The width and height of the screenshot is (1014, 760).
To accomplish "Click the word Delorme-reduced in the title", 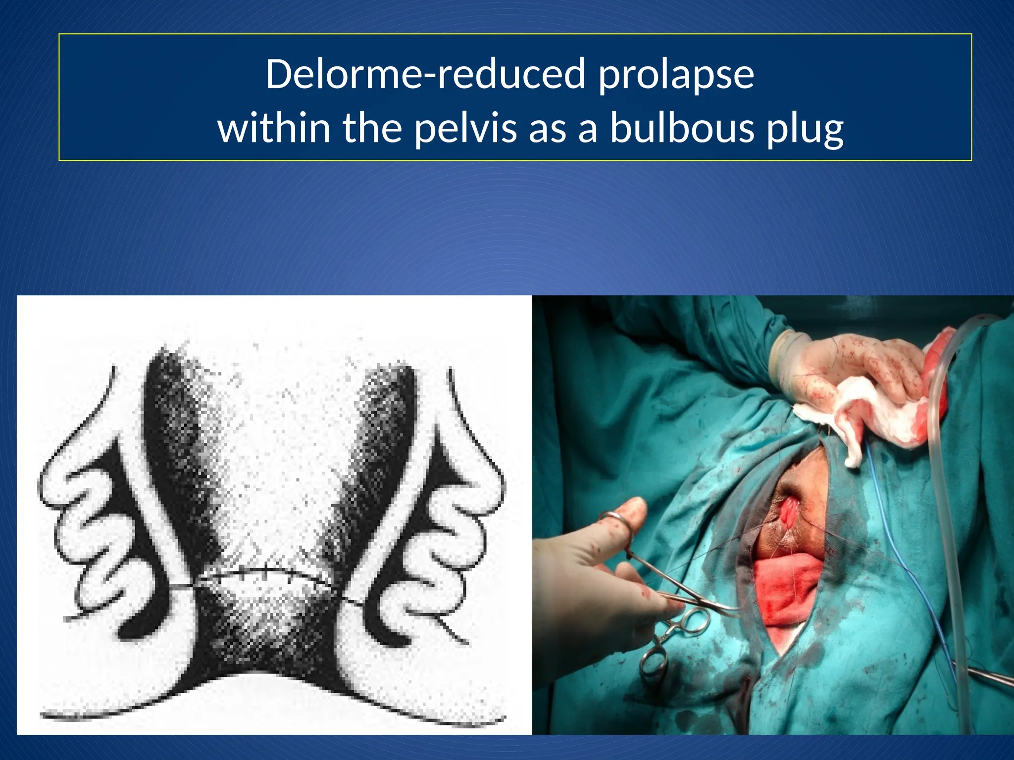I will pyautogui.click(x=425, y=74).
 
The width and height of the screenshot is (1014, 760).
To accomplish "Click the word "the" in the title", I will pyautogui.click(x=372, y=128).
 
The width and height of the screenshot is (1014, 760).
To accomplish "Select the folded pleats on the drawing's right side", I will pyautogui.click(x=446, y=534).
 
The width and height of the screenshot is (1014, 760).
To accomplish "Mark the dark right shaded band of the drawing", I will pyautogui.click(x=381, y=445).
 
